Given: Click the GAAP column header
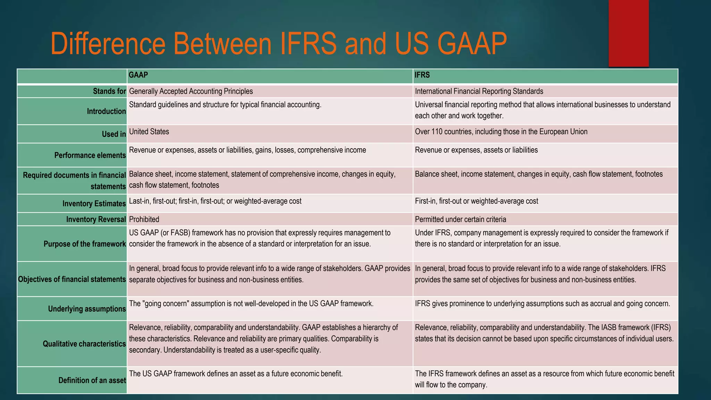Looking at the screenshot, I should click(x=138, y=75).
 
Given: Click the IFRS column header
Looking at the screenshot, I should click(x=422, y=75).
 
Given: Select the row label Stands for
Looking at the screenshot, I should click(x=109, y=91).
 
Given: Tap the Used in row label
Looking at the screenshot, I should click(x=114, y=134).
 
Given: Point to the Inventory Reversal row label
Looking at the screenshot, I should click(x=96, y=219).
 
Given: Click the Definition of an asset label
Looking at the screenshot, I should click(x=92, y=381).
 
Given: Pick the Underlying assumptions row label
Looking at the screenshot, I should click(x=87, y=309).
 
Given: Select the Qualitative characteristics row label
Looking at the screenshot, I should click(x=84, y=344).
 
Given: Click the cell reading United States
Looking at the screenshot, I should click(x=149, y=132).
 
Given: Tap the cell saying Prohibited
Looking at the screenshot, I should click(x=144, y=219).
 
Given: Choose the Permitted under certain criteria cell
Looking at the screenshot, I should click(x=460, y=219).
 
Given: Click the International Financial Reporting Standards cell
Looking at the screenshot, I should click(x=479, y=91).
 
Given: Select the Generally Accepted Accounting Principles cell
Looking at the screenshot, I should click(x=191, y=91).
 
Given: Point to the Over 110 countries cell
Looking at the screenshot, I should click(x=501, y=132).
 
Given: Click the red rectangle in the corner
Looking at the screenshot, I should click(x=628, y=33).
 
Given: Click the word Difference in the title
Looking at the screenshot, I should click(x=108, y=44).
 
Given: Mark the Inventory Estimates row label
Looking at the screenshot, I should click(x=94, y=204).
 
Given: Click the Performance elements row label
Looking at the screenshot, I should click(x=90, y=155).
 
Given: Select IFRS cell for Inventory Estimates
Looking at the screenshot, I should click(x=476, y=201).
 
